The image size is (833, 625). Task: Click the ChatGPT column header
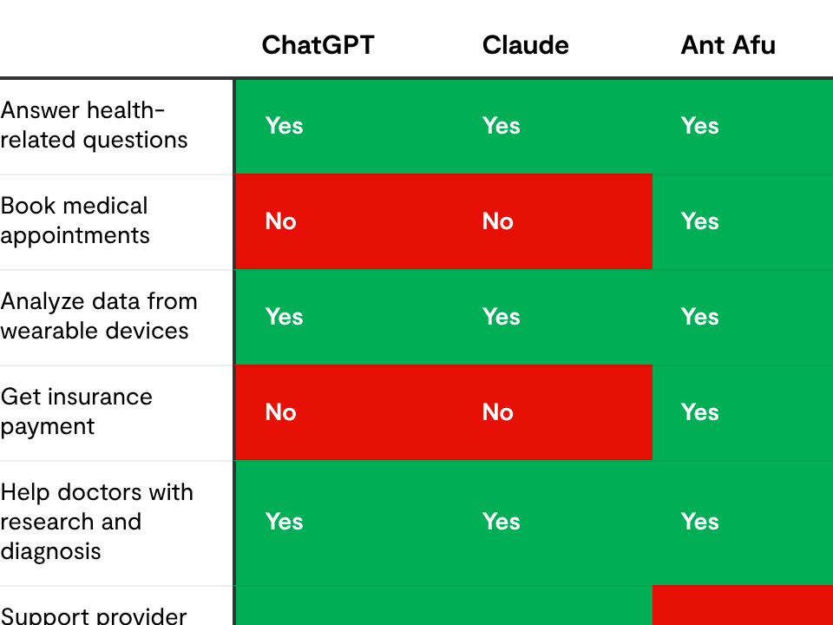(x=318, y=45)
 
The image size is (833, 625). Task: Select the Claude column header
(x=525, y=45)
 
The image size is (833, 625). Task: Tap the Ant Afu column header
(x=727, y=45)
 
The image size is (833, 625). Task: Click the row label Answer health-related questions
(x=94, y=125)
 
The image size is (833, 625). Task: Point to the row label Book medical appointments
(x=75, y=220)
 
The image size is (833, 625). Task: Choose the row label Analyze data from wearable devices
(x=99, y=316)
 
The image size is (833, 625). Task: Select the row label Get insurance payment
(x=76, y=411)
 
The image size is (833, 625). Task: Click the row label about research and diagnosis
(x=96, y=521)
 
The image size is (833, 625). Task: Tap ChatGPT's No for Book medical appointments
(x=281, y=221)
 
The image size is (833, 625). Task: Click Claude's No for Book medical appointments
(x=498, y=221)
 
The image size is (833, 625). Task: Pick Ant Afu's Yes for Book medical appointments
(x=699, y=221)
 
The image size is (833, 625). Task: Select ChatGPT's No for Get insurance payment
(x=281, y=412)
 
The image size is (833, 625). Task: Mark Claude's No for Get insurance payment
(x=498, y=412)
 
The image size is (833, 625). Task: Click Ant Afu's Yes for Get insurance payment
(x=699, y=412)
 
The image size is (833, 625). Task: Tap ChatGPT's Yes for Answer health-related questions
(x=284, y=126)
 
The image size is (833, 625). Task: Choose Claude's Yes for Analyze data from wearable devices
(x=501, y=317)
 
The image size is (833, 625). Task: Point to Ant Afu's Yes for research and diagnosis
(x=699, y=522)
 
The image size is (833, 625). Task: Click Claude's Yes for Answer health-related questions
(x=501, y=126)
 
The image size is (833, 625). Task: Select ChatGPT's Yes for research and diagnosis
(x=284, y=522)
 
